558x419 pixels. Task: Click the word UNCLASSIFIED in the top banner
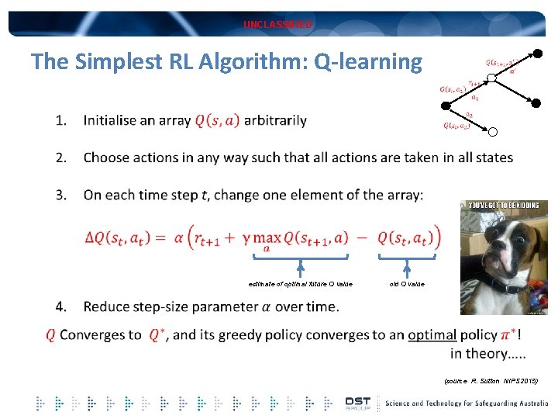278,25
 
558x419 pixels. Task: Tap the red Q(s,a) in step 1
217,120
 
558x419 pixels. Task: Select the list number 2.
61,158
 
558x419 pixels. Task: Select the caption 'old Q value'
407,284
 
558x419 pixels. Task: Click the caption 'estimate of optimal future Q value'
300,284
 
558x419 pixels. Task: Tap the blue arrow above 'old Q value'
407,268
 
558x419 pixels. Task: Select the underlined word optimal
432,335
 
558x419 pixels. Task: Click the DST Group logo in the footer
358,403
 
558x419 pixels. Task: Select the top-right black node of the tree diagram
538,54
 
